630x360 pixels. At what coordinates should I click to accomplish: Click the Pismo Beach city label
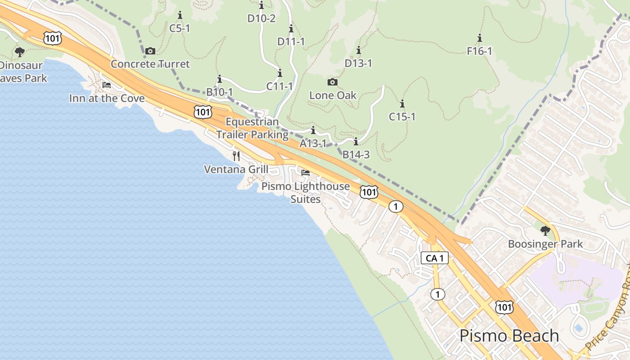click(x=509, y=336)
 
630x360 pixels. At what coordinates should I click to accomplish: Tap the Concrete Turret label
click(x=150, y=64)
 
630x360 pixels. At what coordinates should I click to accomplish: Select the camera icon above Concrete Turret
click(x=150, y=51)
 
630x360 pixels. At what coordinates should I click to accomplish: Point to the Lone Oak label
click(x=333, y=95)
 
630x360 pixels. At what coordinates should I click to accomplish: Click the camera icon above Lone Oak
click(x=333, y=82)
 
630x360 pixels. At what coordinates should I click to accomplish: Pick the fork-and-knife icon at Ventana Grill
click(x=236, y=156)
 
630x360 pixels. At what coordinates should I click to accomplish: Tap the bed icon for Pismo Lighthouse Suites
click(x=306, y=173)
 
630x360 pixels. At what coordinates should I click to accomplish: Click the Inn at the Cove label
click(x=107, y=98)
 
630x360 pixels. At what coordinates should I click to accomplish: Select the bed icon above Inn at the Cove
click(x=107, y=85)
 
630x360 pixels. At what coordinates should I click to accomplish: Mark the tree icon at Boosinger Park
click(x=545, y=231)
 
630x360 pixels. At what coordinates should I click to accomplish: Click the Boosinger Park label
click(x=545, y=244)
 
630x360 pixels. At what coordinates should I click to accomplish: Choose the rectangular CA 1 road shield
click(x=435, y=258)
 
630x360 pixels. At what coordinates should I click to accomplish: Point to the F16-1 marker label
click(x=480, y=51)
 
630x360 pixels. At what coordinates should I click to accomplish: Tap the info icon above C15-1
click(x=402, y=103)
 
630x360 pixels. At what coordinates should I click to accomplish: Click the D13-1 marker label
click(x=359, y=63)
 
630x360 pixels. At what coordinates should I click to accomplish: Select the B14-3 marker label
click(x=356, y=155)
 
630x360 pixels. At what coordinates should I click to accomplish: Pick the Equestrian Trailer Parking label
click(x=252, y=128)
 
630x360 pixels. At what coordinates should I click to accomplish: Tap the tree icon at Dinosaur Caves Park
click(x=20, y=52)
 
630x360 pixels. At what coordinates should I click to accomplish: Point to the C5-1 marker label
click(x=180, y=28)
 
